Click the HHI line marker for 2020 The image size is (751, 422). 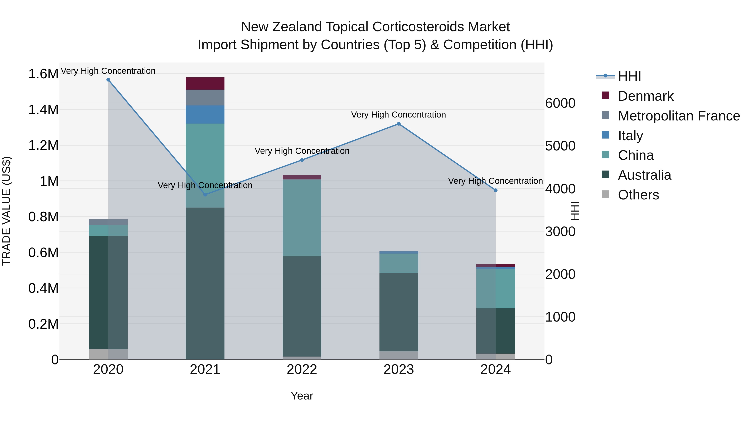tap(108, 80)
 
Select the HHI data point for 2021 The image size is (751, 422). tap(205, 195)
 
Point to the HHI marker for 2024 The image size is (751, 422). tap(496, 190)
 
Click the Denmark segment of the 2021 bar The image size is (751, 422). tap(205, 84)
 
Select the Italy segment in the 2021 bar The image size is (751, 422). tap(205, 114)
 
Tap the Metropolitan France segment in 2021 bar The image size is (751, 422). tap(205, 98)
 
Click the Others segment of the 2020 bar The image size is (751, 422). tap(108, 354)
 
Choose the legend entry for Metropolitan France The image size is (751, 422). tap(679, 116)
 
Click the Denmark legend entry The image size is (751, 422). tap(645, 96)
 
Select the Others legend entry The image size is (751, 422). tap(638, 195)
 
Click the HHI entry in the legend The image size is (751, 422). tap(629, 76)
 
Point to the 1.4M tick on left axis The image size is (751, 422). tap(43, 110)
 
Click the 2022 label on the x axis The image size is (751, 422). tap(302, 369)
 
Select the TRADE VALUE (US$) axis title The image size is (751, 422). tap(6, 211)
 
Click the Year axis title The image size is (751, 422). tap(302, 396)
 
